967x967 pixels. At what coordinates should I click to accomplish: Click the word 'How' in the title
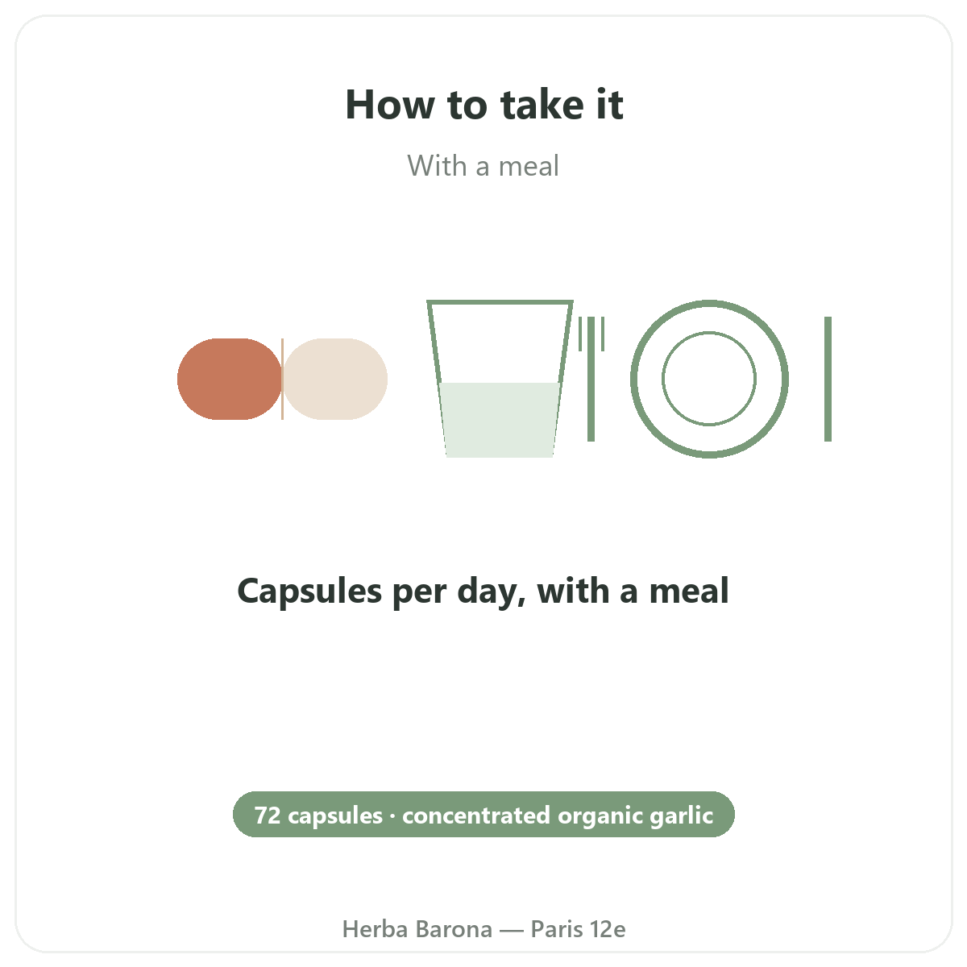pos(390,105)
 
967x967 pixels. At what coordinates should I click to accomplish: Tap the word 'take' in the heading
pos(542,105)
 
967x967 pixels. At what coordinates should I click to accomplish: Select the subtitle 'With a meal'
pos(483,166)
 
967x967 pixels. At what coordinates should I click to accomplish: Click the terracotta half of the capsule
pos(230,379)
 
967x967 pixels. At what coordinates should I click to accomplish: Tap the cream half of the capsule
pos(335,379)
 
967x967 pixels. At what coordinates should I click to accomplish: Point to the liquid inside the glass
pos(500,420)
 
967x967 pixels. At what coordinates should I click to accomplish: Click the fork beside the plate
pos(591,379)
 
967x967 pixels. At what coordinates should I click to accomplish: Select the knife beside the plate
pos(828,379)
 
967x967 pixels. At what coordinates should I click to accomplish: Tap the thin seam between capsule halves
pos(283,379)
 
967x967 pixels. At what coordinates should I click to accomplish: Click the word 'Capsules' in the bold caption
pos(309,591)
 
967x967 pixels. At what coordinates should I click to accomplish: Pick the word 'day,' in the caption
pos(492,591)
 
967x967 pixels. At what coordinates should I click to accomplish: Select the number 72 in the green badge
pos(268,815)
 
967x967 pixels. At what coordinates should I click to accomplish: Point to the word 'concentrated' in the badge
pos(476,815)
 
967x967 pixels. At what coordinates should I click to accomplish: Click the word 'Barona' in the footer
pos(454,929)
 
